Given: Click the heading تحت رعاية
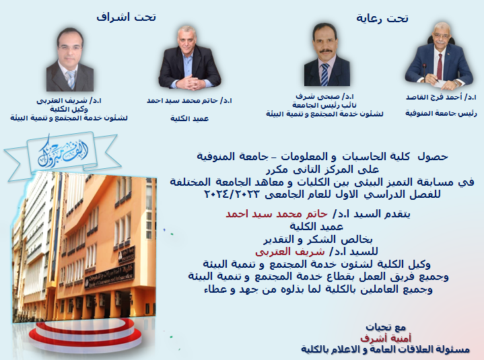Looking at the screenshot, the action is (x=382, y=19).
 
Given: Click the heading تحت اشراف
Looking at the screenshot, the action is (x=127, y=17).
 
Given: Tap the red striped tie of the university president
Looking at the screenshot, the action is (x=440, y=67).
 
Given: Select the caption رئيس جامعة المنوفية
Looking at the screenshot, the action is (x=441, y=114).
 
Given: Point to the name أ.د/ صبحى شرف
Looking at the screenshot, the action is (x=324, y=97).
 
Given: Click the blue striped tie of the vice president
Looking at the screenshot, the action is (x=324, y=74).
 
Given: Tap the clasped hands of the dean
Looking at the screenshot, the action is (x=189, y=83).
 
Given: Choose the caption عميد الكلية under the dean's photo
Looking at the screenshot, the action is (x=190, y=118).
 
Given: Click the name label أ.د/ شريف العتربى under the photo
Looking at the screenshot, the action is (x=69, y=101).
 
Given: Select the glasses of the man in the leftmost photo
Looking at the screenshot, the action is (x=70, y=48).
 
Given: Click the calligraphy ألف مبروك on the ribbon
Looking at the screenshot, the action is (x=63, y=151).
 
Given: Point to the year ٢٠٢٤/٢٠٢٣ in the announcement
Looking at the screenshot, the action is (x=232, y=194).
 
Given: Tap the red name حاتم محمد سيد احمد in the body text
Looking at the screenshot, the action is (x=276, y=214).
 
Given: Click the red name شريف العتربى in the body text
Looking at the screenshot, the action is (x=290, y=252).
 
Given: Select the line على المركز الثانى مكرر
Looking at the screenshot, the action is (x=322, y=170).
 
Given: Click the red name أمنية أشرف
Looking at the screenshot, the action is (x=386, y=338).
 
